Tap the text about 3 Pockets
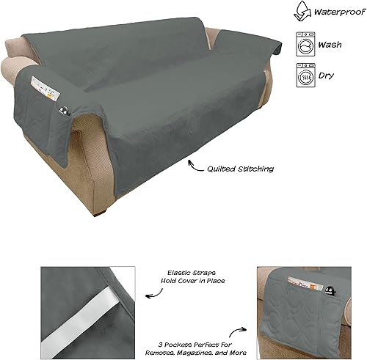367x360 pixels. (x=211, y=339)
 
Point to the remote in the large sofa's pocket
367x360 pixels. (x=65, y=112)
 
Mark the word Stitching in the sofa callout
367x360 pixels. (x=254, y=168)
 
